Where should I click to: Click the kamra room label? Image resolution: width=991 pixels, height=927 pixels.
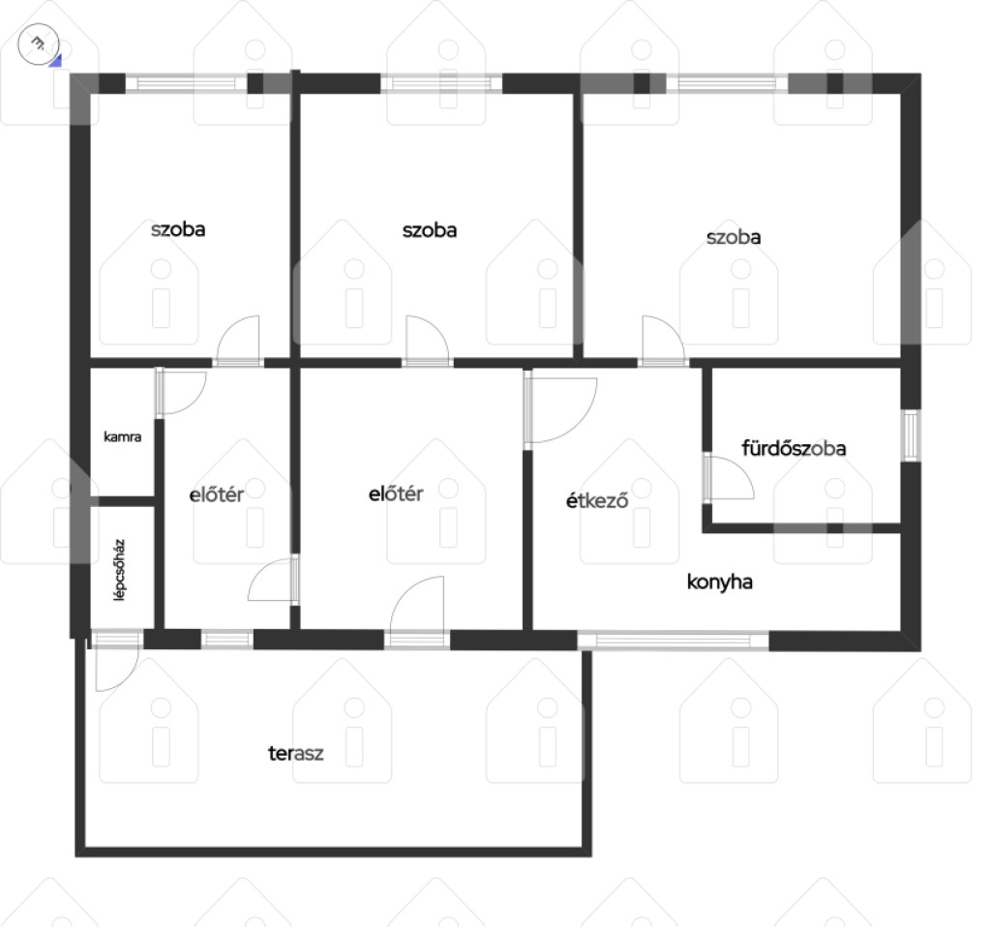click(x=123, y=436)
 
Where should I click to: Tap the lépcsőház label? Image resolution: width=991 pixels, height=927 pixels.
click(x=119, y=570)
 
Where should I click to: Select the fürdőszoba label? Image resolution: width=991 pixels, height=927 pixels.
click(x=794, y=448)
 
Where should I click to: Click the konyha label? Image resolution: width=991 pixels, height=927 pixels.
click(x=720, y=582)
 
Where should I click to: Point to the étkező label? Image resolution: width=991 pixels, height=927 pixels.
click(x=597, y=500)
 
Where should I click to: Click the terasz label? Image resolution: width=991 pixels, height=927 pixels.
click(x=296, y=753)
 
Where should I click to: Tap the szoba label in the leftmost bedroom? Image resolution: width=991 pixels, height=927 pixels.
click(x=178, y=229)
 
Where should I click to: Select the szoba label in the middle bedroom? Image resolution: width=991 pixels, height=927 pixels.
click(x=430, y=230)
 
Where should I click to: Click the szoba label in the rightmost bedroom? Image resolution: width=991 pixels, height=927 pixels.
click(x=734, y=238)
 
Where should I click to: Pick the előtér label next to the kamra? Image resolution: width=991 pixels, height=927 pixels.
click(x=217, y=494)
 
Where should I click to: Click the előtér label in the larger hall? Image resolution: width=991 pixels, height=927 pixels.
click(x=396, y=493)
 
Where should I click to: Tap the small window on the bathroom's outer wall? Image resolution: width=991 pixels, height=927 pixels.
click(x=911, y=435)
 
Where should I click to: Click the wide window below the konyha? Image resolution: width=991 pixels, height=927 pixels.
click(x=674, y=641)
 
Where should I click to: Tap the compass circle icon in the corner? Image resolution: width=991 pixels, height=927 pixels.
click(x=39, y=45)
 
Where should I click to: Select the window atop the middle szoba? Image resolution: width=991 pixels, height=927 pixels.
click(x=441, y=83)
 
